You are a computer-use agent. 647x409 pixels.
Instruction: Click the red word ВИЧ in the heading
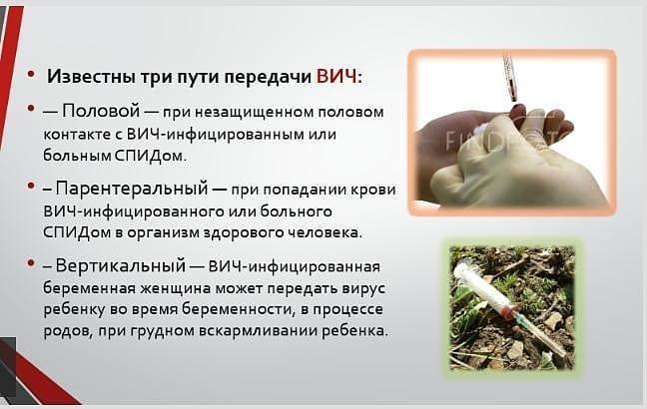pos(336,77)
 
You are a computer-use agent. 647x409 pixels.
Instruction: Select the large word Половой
pos(101,111)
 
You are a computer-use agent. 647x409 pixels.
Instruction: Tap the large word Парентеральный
pos(132,189)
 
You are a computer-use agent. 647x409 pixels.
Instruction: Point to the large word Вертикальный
pos(120,265)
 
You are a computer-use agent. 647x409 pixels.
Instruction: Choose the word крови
pos(372,190)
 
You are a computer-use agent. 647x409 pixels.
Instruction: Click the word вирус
pos(363,288)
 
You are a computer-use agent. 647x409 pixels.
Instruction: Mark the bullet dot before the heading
pos(30,74)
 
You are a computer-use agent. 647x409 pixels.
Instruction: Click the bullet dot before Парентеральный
pos(30,186)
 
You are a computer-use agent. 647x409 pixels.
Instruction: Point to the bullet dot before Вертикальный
pos(30,262)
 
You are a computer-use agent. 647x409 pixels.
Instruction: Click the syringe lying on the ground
pos(509,307)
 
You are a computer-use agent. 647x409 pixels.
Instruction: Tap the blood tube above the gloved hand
pos(509,78)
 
